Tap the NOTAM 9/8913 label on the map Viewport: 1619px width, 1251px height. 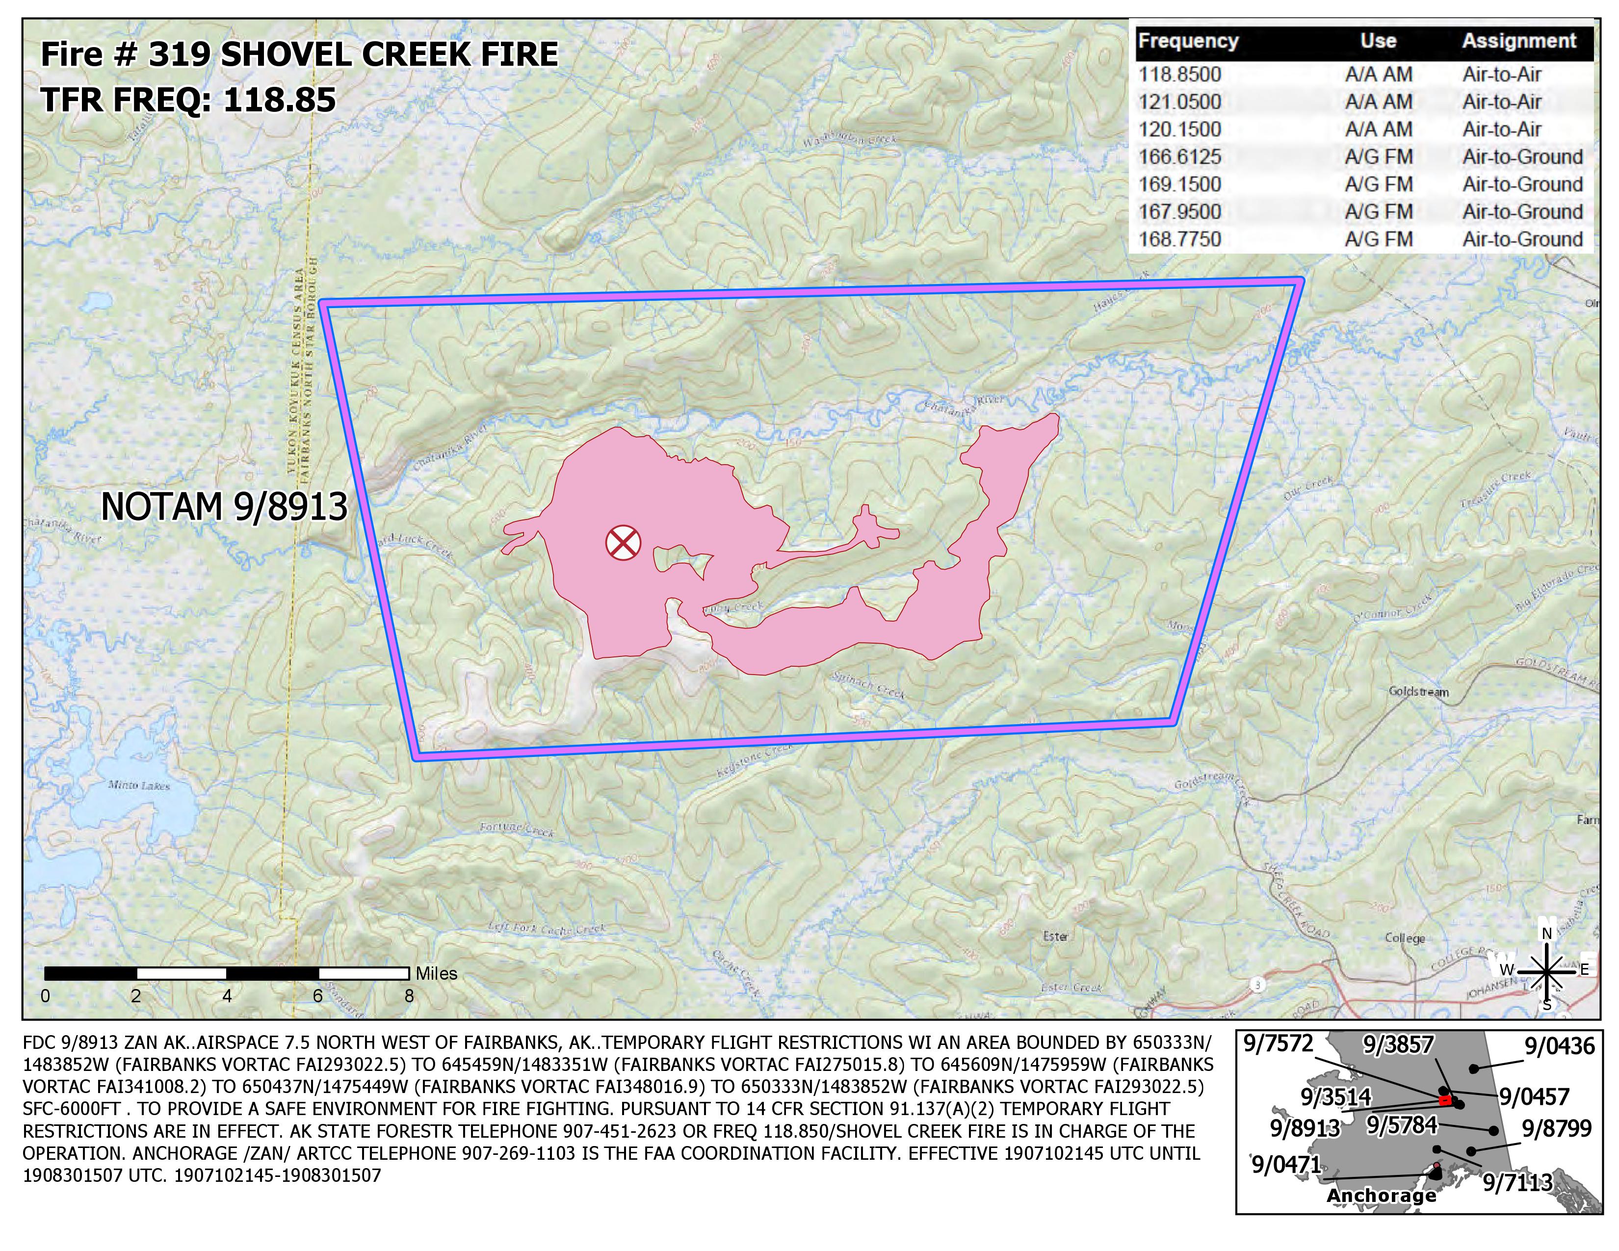224,507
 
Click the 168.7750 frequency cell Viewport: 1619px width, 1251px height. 1179,239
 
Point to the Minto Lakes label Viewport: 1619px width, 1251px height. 139,785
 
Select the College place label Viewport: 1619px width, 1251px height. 1405,938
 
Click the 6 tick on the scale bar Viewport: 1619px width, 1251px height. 318,996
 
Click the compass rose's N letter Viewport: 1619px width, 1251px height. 1546,934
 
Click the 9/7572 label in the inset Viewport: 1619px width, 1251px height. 1278,1043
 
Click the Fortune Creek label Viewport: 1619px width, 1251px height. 517,829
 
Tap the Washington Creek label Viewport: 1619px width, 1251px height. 850,140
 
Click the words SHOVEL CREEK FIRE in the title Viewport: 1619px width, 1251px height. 389,54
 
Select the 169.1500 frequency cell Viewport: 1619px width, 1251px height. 1179,184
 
